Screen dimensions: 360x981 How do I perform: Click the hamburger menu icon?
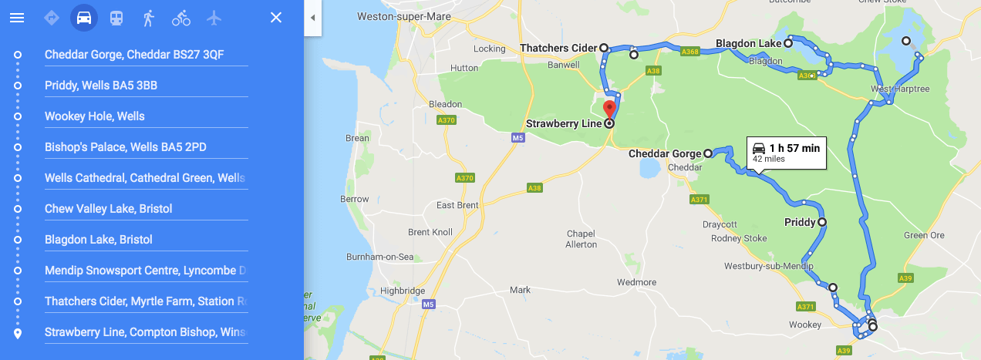17,18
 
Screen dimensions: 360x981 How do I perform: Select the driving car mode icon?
84,18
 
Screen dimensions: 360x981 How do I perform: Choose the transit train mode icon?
116,18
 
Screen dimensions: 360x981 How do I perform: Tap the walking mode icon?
148,18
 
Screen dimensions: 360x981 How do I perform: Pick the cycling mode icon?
181,18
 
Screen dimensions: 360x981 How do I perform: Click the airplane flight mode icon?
214,18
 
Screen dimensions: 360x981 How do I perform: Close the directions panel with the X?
276,18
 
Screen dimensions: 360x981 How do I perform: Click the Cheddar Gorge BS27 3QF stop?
135,55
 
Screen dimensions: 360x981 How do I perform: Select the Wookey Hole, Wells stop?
95,116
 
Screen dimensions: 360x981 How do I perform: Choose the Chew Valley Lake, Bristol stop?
108,209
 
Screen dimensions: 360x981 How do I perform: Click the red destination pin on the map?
609,109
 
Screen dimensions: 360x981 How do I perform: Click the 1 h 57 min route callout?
787,152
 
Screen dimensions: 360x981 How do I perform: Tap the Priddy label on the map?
800,222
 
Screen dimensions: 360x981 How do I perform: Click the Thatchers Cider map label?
558,48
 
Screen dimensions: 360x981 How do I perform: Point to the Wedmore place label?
636,283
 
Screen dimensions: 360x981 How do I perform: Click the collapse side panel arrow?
312,18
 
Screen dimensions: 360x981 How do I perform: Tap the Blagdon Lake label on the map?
749,44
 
